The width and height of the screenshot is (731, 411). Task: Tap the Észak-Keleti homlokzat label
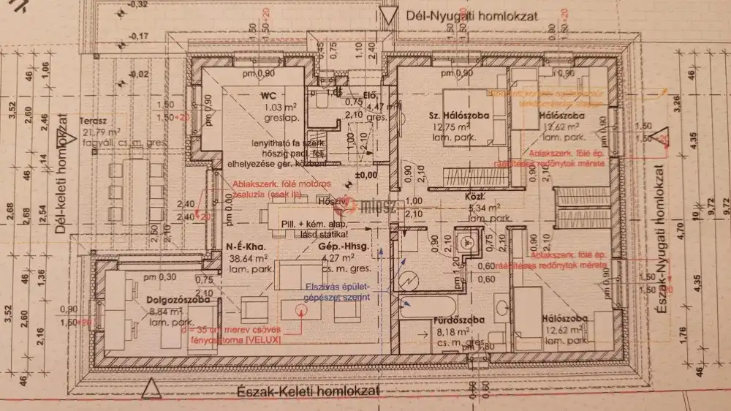coord(308,391)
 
